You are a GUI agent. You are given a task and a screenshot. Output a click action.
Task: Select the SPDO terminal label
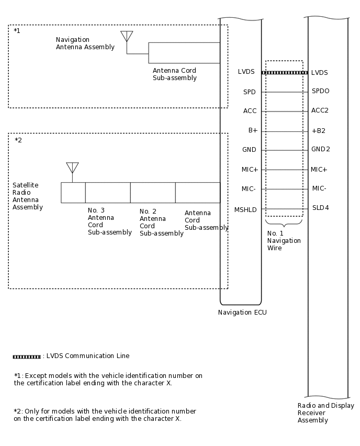tap(320, 91)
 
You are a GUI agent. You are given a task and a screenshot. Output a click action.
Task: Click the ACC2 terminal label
tap(320, 110)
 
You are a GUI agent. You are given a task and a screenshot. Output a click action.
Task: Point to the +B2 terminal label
tap(318, 130)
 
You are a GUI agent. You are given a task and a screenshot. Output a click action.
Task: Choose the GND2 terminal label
tap(320, 149)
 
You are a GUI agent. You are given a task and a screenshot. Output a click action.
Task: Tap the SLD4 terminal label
tap(320, 208)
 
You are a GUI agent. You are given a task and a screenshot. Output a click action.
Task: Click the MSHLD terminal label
tap(245, 209)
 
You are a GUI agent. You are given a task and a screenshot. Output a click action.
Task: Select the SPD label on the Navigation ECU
tap(250, 92)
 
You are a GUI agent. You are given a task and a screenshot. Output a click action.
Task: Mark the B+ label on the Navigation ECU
tap(252, 130)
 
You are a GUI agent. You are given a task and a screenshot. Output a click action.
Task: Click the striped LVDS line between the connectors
tap(284, 73)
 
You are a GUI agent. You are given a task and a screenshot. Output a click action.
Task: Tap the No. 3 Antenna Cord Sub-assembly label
tap(109, 221)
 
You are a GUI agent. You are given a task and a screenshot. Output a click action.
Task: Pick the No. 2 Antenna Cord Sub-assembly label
tap(161, 222)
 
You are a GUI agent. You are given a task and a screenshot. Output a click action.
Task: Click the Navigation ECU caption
tap(242, 313)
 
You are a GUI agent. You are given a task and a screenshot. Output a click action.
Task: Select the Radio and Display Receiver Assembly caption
tap(325, 412)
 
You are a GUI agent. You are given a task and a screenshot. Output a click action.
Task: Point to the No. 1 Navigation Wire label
tap(284, 241)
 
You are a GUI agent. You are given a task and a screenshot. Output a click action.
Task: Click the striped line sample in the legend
tap(27, 356)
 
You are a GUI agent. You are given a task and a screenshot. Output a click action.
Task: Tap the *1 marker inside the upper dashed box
tap(17, 31)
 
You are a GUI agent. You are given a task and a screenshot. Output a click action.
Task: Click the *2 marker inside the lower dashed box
tap(18, 140)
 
